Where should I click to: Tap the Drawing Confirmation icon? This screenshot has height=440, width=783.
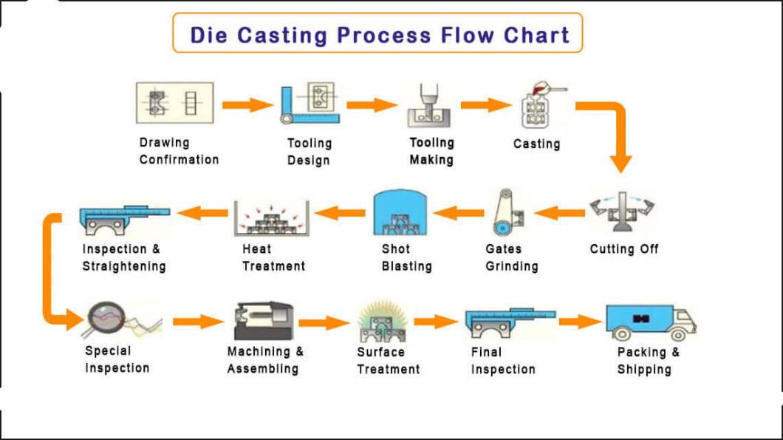pyautogui.click(x=174, y=103)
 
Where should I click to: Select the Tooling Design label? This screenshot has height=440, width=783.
pyautogui.click(x=309, y=152)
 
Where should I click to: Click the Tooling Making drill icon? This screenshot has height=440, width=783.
pyautogui.click(x=428, y=105)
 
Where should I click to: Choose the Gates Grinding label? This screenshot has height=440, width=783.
pyautogui.click(x=511, y=257)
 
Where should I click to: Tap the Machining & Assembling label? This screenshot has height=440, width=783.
pyautogui.click(x=264, y=360)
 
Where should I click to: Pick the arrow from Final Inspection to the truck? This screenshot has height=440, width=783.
pyautogui.click(x=580, y=322)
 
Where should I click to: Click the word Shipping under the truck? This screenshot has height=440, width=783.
pyautogui.click(x=644, y=369)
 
